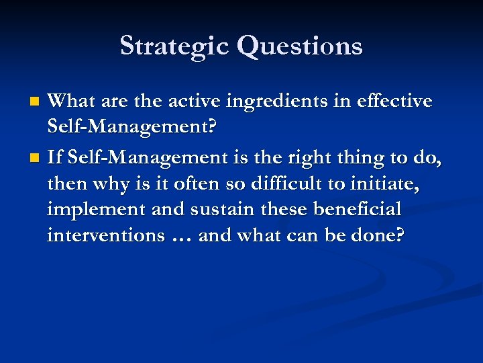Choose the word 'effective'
click(393, 102)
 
